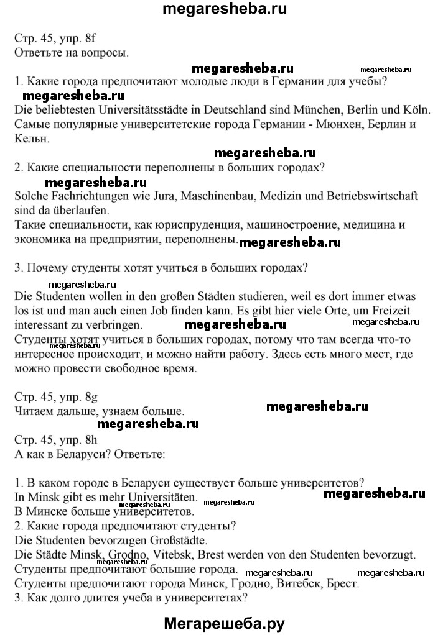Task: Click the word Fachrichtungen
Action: (82, 196)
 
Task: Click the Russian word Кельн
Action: (30, 138)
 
